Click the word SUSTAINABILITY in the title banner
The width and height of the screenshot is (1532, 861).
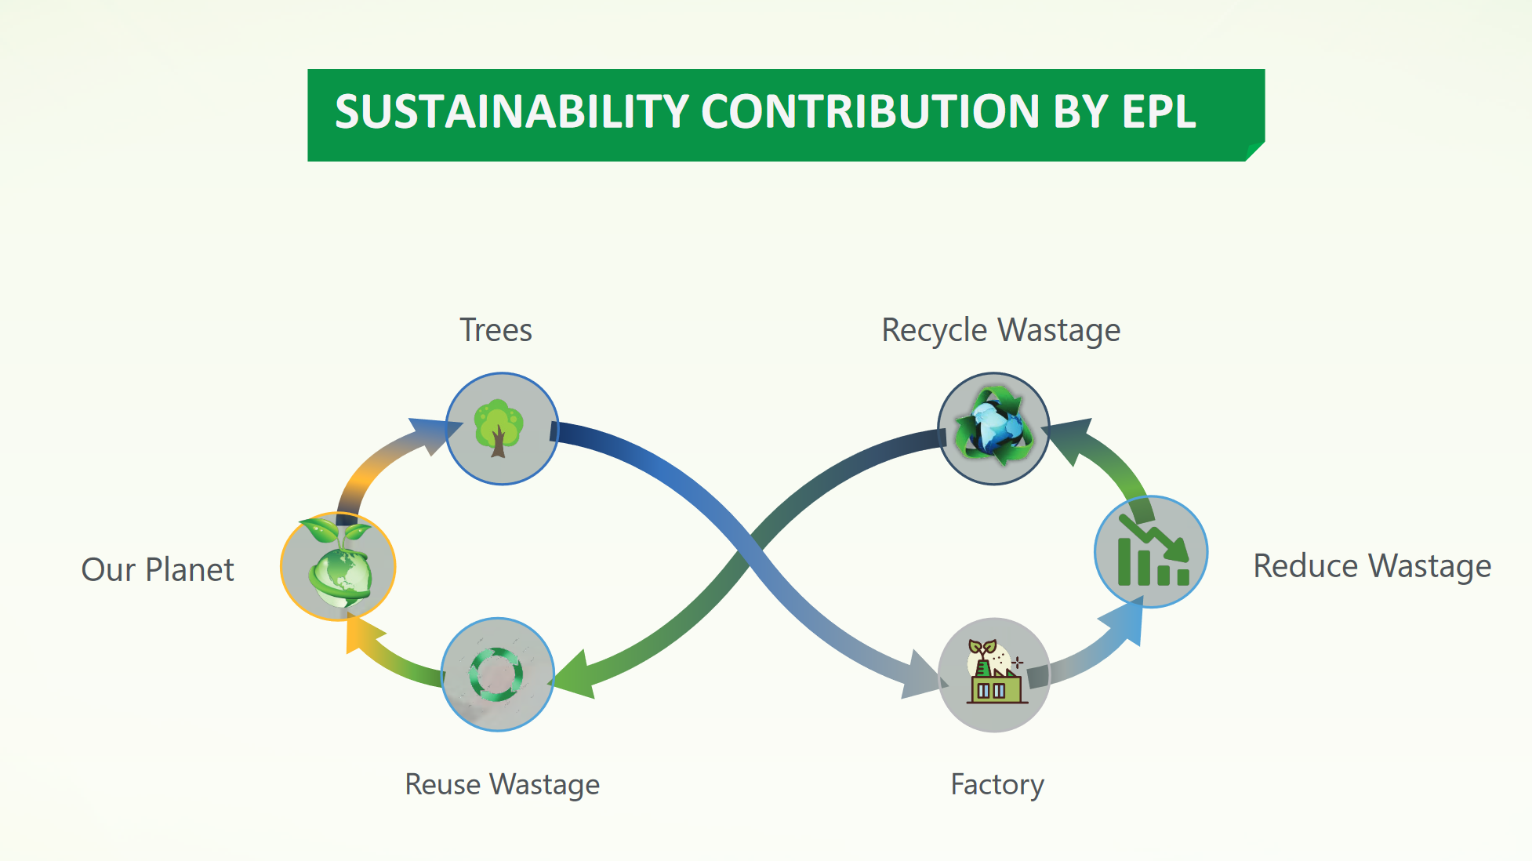click(511, 111)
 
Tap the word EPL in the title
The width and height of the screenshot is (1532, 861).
click(1158, 111)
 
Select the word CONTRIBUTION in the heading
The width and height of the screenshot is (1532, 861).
click(870, 111)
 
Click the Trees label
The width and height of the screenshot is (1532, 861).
click(496, 330)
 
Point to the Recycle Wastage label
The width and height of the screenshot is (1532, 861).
click(1000, 330)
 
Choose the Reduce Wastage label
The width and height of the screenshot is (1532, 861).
click(1371, 565)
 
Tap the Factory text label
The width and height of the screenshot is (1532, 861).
click(997, 784)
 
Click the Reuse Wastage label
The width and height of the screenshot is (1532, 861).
click(502, 784)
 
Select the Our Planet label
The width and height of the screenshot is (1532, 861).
click(158, 569)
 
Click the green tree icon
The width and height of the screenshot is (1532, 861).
click(499, 428)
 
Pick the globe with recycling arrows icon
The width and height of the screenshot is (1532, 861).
click(993, 428)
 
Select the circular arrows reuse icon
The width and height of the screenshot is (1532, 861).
click(496, 674)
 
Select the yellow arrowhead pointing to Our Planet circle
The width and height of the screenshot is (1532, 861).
click(359, 634)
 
